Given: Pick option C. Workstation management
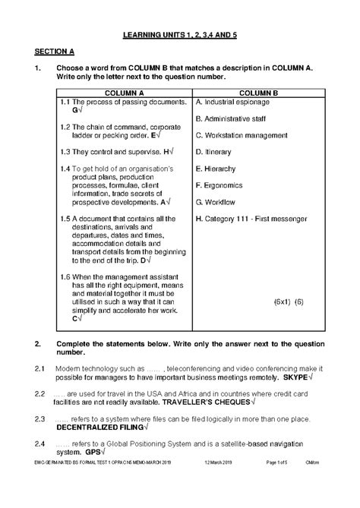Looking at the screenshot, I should (x=242, y=135).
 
